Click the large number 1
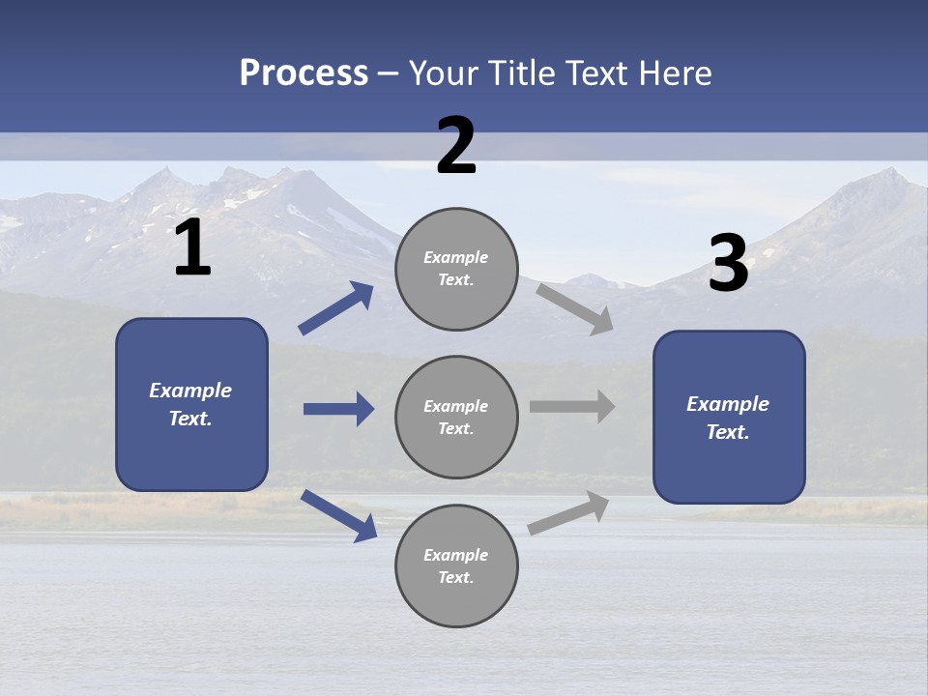(192, 249)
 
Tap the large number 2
(456, 146)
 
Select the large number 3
(728, 264)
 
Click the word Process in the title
(304, 72)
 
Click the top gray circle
(456, 268)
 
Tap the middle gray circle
(456, 417)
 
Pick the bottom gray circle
(456, 565)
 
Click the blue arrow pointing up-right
(336, 308)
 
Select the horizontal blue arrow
(338, 409)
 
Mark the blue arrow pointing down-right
(339, 516)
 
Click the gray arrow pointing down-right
(575, 309)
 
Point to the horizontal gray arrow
(572, 407)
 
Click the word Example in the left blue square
(190, 391)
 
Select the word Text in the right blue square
(727, 432)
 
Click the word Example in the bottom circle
(456, 555)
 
